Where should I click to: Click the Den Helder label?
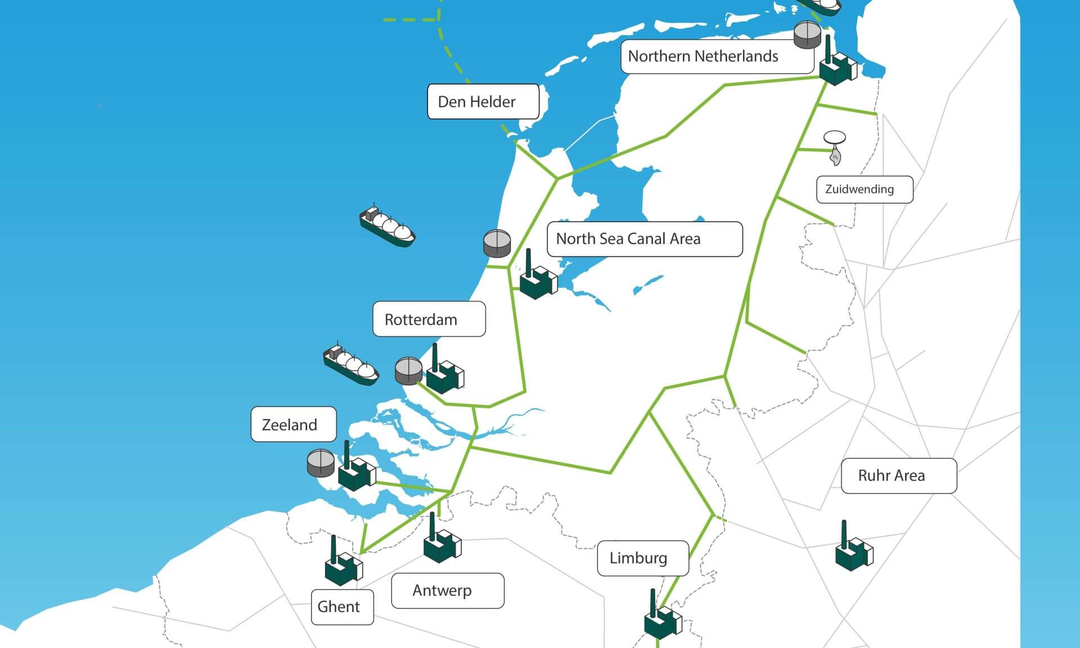(483, 102)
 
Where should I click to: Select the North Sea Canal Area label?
(644, 239)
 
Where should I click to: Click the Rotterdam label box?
(429, 319)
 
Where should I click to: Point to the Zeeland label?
(293, 425)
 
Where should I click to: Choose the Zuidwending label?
(864, 190)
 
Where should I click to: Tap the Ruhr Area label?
(898, 476)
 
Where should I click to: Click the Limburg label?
(642, 558)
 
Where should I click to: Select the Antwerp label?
(447, 591)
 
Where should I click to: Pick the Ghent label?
(342, 607)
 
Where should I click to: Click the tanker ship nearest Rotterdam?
(350, 364)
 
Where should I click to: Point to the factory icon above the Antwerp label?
(441, 540)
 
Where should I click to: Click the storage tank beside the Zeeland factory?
(321, 462)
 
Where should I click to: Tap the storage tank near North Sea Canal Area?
(497, 244)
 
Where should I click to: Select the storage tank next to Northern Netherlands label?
(807, 35)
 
